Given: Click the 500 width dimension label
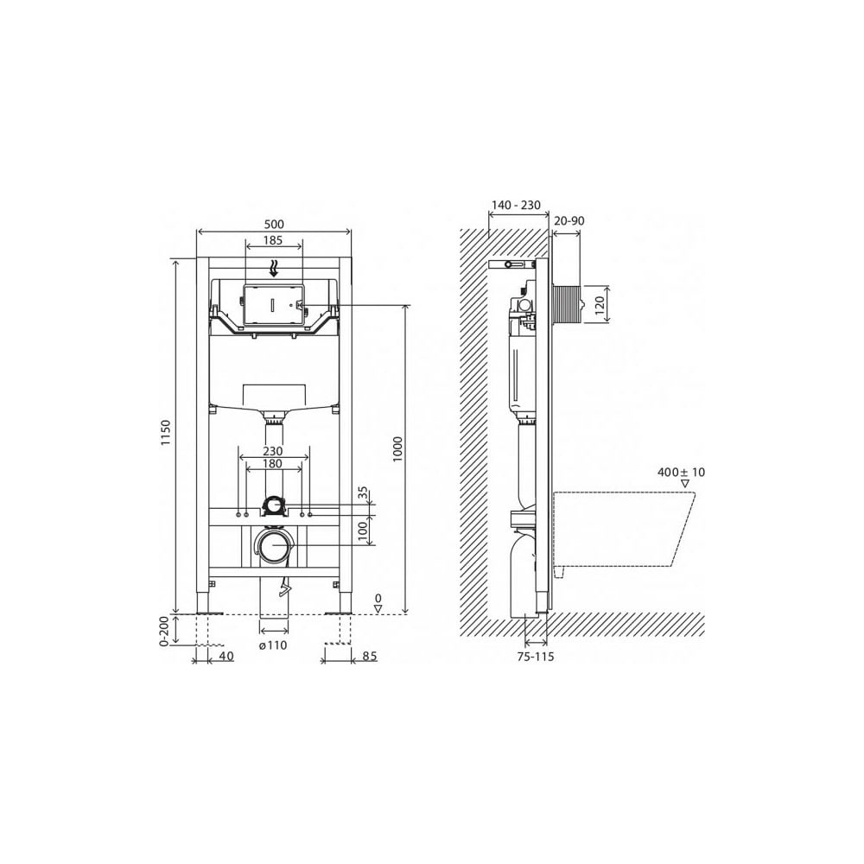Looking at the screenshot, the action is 274,224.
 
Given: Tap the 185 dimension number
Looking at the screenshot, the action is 273,239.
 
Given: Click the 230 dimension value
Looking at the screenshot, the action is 273,451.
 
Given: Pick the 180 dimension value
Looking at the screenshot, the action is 273,464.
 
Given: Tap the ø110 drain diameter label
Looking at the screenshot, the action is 273,645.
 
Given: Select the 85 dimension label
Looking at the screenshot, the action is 371,657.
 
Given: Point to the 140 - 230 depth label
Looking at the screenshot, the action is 516,205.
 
